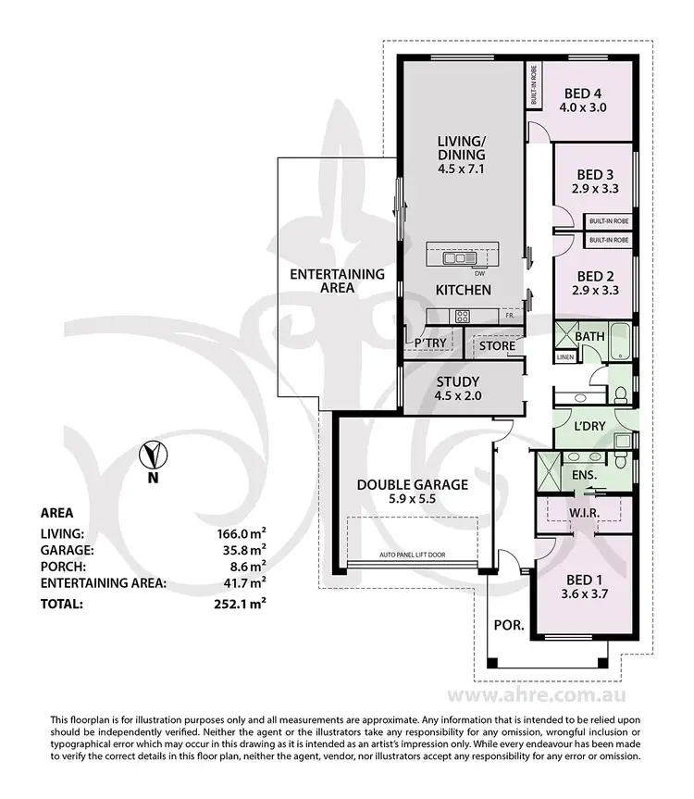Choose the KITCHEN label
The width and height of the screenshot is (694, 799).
463,291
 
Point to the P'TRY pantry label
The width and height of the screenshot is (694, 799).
431,343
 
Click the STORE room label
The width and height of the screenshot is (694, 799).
490,346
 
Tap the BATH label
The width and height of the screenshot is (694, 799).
589,335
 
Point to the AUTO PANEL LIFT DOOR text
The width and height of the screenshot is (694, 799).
412,556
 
